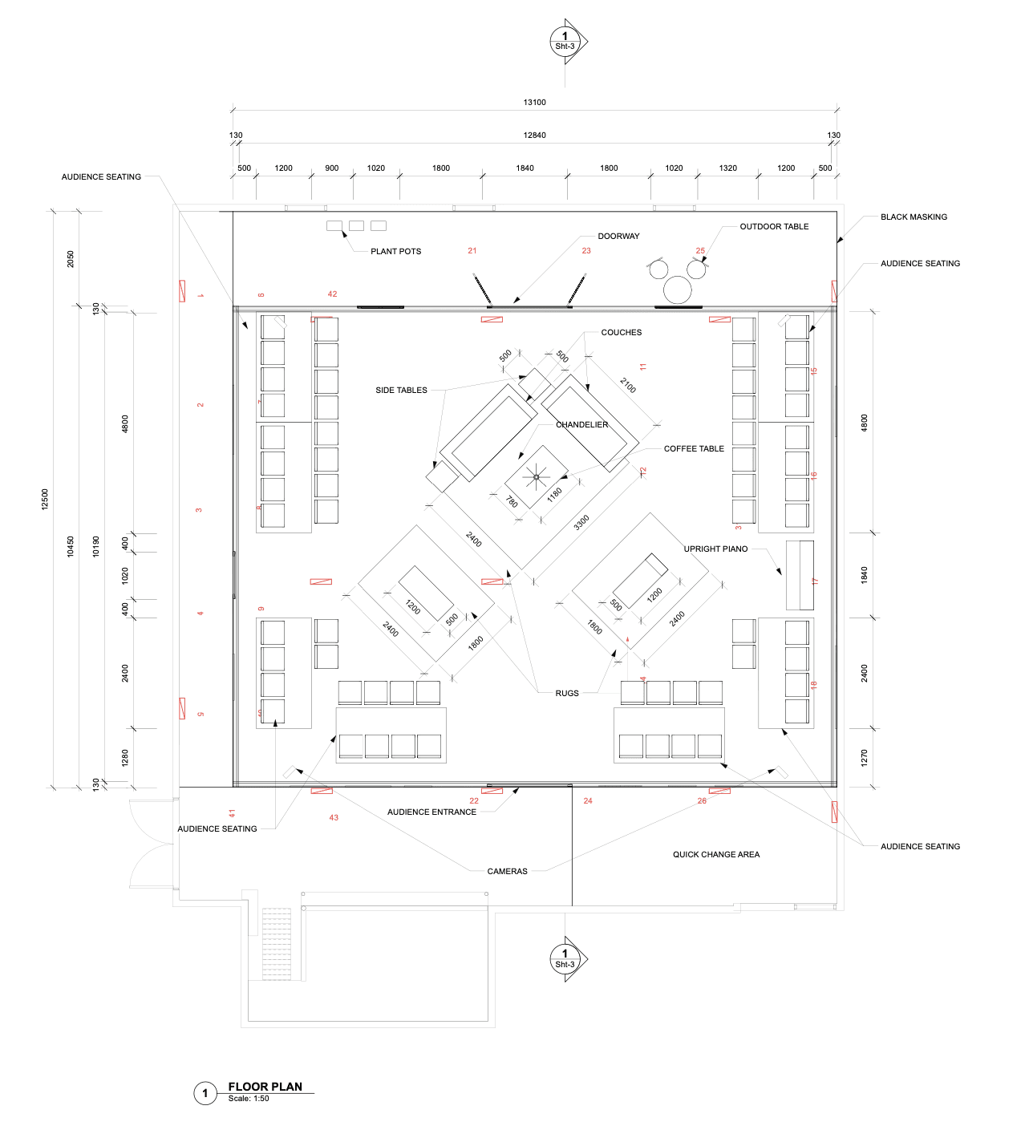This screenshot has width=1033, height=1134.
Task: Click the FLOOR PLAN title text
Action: [x=265, y=1087]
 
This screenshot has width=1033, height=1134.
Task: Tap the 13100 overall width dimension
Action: [x=534, y=103]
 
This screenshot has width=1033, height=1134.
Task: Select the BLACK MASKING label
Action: [x=913, y=217]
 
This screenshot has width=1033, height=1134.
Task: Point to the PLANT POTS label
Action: [x=395, y=252]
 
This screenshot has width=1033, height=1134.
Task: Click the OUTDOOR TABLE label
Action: [x=774, y=227]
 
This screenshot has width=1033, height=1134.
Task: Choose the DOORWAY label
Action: [x=618, y=237]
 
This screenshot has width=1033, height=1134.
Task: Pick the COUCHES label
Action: [x=622, y=333]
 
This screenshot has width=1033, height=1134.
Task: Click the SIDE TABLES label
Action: [x=401, y=391]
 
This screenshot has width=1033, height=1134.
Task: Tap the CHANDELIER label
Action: [x=581, y=425]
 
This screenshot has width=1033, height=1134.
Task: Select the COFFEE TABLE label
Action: [x=694, y=449]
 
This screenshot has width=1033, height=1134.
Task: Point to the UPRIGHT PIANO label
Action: [x=715, y=549]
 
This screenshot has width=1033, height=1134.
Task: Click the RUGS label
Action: [x=567, y=694]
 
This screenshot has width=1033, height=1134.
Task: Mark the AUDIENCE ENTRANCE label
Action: [x=431, y=812]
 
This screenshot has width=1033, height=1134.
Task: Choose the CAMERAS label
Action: [x=507, y=872]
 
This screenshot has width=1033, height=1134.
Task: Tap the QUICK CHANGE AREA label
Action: [x=716, y=855]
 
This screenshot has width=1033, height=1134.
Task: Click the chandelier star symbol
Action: [x=537, y=477]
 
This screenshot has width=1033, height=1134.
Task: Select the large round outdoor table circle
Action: [x=678, y=290]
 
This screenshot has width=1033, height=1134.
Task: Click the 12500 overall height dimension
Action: [x=46, y=499]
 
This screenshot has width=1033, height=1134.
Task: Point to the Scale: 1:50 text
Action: [x=249, y=1099]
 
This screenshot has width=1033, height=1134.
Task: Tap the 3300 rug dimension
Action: [x=581, y=522]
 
